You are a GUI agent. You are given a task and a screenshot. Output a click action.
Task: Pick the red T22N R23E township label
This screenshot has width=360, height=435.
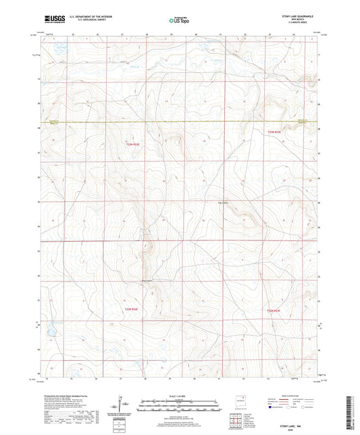[272, 310]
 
